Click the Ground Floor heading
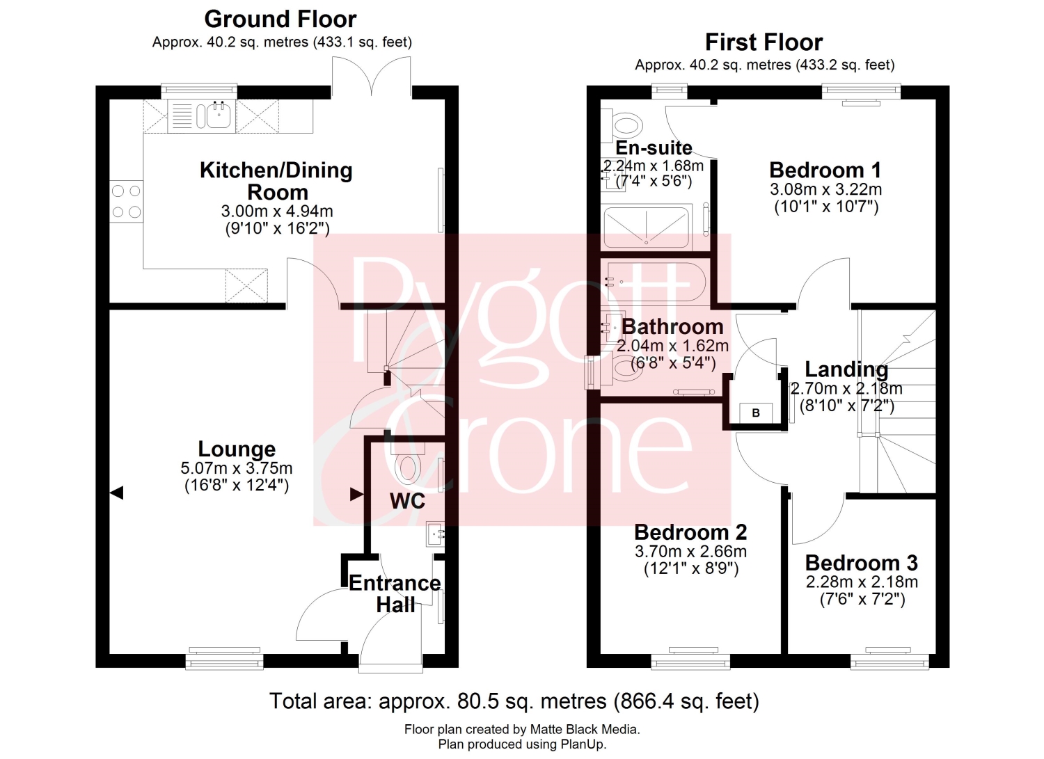pyautogui.click(x=280, y=19)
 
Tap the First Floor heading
pyautogui.click(x=764, y=42)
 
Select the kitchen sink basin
pyautogui.click(x=219, y=115)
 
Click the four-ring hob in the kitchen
pyautogui.click(x=126, y=202)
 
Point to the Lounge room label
pyautogui.click(x=237, y=449)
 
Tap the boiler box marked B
pyautogui.click(x=756, y=413)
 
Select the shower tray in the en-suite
pyautogui.click(x=647, y=227)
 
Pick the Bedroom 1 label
pyautogui.click(x=825, y=170)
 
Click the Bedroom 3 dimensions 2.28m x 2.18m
pyautogui.click(x=862, y=582)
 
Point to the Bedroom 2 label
pyautogui.click(x=690, y=533)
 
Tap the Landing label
pyautogui.click(x=846, y=369)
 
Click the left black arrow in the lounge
pyautogui.click(x=116, y=493)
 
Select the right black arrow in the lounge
pyautogui.click(x=356, y=494)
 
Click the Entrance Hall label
pyautogui.click(x=395, y=594)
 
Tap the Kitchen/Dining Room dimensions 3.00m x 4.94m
pyautogui.click(x=277, y=211)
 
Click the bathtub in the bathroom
pyautogui.click(x=656, y=282)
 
